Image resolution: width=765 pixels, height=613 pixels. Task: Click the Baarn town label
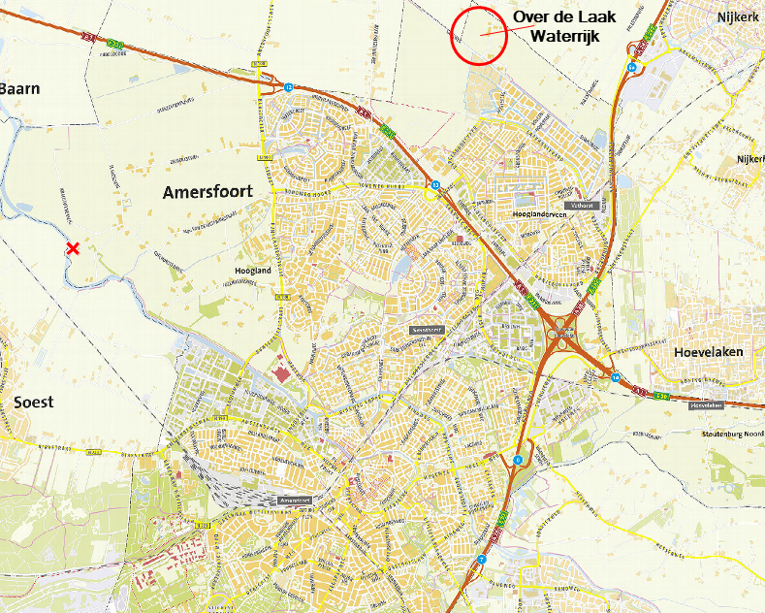tap(19, 88)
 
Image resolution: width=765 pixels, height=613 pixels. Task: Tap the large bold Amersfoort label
tap(207, 192)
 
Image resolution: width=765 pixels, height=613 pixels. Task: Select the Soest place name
tap(33, 402)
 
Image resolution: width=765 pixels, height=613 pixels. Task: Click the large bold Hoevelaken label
tap(708, 352)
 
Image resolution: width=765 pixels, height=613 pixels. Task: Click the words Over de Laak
tap(564, 16)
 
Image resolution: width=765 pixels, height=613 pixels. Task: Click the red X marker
tap(73, 249)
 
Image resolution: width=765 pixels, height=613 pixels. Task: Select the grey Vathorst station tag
tap(581, 206)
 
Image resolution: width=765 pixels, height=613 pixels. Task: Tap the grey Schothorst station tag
tap(427, 330)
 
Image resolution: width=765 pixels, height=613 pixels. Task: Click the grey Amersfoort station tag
tap(300, 500)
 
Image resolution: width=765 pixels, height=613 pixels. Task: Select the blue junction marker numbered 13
tap(435, 184)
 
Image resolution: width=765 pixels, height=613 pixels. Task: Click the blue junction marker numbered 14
tap(616, 376)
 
